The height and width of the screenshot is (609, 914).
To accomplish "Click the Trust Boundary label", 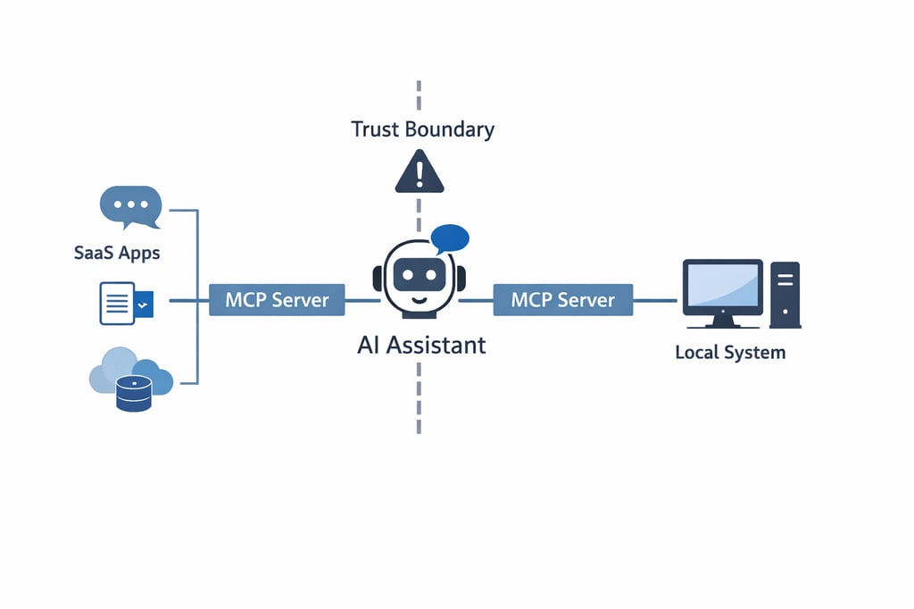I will click(422, 129).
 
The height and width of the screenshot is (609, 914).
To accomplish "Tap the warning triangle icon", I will click(419, 171).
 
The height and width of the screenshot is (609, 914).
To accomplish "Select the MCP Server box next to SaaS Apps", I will click(277, 300).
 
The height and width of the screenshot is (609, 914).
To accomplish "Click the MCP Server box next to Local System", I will click(562, 300).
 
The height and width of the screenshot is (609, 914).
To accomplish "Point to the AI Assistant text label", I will click(421, 345).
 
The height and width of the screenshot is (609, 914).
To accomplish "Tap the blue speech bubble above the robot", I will click(449, 238).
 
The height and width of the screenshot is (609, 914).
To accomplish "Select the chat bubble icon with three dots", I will click(130, 206).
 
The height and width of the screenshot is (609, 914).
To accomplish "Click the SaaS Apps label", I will click(117, 253).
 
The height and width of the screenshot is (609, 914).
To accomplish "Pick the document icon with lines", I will click(117, 304).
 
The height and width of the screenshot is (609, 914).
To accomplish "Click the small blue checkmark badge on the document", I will click(145, 305).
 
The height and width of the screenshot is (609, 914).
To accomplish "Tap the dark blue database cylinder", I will click(134, 393).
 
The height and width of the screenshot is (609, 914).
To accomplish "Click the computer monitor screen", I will click(722, 287).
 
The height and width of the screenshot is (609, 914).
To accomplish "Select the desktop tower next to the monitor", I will click(785, 294).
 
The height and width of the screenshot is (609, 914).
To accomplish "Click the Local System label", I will click(730, 352).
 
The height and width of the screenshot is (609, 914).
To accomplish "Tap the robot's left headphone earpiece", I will click(378, 279).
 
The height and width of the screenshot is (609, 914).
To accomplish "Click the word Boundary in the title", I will click(449, 129).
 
